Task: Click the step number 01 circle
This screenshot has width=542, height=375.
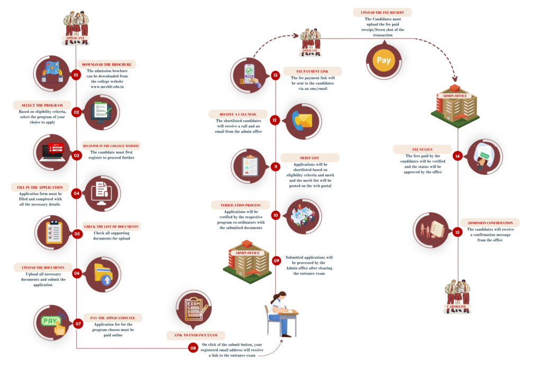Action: coord(76,75)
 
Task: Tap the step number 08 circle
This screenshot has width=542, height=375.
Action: coord(193,347)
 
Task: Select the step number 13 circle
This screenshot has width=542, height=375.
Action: coord(275,75)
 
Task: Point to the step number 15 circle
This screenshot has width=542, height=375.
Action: coord(457,231)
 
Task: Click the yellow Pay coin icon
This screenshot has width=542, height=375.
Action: coord(384,60)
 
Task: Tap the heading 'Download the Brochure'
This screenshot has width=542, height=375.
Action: coord(107,65)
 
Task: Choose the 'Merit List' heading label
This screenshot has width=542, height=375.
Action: coord(310,158)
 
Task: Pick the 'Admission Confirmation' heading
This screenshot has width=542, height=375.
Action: coord(490,223)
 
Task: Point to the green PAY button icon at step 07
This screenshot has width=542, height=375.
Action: coord(51,322)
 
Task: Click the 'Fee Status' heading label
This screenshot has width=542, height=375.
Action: coord(422,149)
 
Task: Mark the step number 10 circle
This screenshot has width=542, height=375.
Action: coord(275,215)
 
